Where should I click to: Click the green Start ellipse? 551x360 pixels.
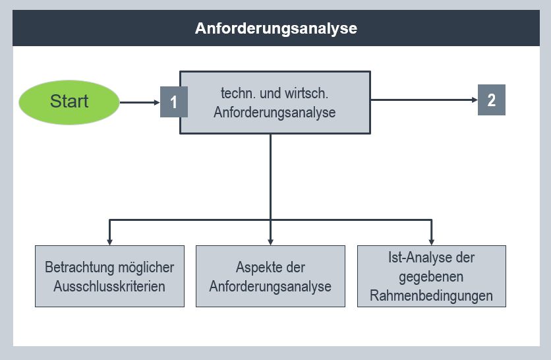(x=69, y=102)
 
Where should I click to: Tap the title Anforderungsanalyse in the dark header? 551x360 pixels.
(x=276, y=28)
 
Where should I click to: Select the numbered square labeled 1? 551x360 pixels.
(x=173, y=102)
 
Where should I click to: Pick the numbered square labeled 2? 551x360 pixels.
(x=492, y=100)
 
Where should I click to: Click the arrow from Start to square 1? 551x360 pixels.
(x=140, y=102)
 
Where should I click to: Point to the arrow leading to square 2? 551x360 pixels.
(x=424, y=100)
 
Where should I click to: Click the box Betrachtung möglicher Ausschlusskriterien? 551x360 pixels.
(x=109, y=276)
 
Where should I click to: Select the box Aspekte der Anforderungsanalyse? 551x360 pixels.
(x=270, y=276)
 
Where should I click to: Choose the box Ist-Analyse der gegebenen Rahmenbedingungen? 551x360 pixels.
(x=432, y=276)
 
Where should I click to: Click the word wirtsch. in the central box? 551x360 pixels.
(x=306, y=94)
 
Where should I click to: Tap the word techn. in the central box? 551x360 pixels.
(x=239, y=94)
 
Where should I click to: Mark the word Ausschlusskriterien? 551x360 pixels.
(x=109, y=286)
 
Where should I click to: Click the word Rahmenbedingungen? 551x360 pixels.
(x=431, y=295)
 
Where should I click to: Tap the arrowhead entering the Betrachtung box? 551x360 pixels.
(x=109, y=242)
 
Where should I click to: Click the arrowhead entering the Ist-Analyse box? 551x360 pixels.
(x=432, y=242)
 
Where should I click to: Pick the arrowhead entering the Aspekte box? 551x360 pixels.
(x=270, y=242)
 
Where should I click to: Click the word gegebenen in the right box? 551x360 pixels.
(x=431, y=277)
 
